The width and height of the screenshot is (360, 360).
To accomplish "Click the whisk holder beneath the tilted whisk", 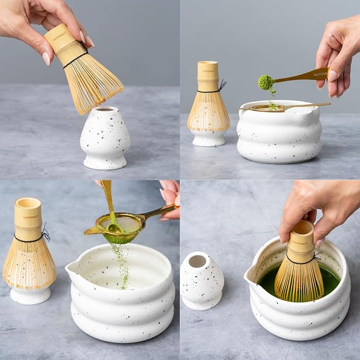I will point(104,138).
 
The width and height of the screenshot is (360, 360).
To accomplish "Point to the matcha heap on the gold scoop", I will point(266,82).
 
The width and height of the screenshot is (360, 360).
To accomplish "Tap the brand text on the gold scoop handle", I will point(320,74).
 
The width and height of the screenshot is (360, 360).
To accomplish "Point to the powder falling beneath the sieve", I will point(122,265).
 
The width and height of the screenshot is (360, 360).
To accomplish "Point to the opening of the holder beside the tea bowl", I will point(198,261).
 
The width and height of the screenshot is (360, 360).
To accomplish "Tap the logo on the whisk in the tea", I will point(300,242).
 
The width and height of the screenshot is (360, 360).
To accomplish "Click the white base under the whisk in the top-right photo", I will point(208,138).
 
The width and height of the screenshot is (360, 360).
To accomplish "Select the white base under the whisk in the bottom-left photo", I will point(30,295).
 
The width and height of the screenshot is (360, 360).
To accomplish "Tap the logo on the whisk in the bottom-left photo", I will point(30,217).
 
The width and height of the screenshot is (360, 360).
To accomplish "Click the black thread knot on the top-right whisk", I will point(222,85).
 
